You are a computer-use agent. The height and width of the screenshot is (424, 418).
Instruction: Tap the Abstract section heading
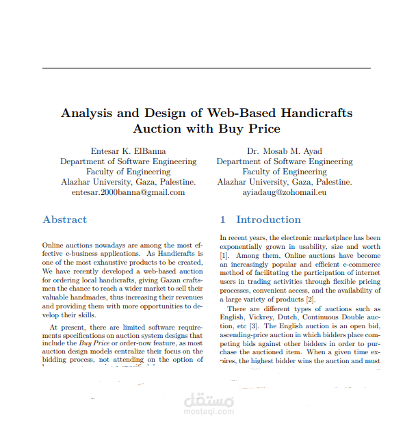tap(64, 220)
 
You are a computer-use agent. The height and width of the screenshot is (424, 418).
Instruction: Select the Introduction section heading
tap(268, 220)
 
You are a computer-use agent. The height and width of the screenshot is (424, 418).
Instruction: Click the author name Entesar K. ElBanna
tap(128, 150)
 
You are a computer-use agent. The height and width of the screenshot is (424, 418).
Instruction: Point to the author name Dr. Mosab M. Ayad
tap(285, 150)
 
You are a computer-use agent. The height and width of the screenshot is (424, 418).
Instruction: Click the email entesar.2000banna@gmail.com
tap(128, 192)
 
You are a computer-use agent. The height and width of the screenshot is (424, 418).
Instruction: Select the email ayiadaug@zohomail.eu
tap(285, 192)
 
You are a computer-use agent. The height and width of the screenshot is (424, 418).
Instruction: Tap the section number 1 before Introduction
tap(222, 220)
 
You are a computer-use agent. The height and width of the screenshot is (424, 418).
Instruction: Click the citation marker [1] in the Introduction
tap(224, 255)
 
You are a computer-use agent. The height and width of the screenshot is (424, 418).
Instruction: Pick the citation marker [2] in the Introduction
tap(310, 300)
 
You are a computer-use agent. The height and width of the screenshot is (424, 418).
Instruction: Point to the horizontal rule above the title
tap(207, 68)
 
